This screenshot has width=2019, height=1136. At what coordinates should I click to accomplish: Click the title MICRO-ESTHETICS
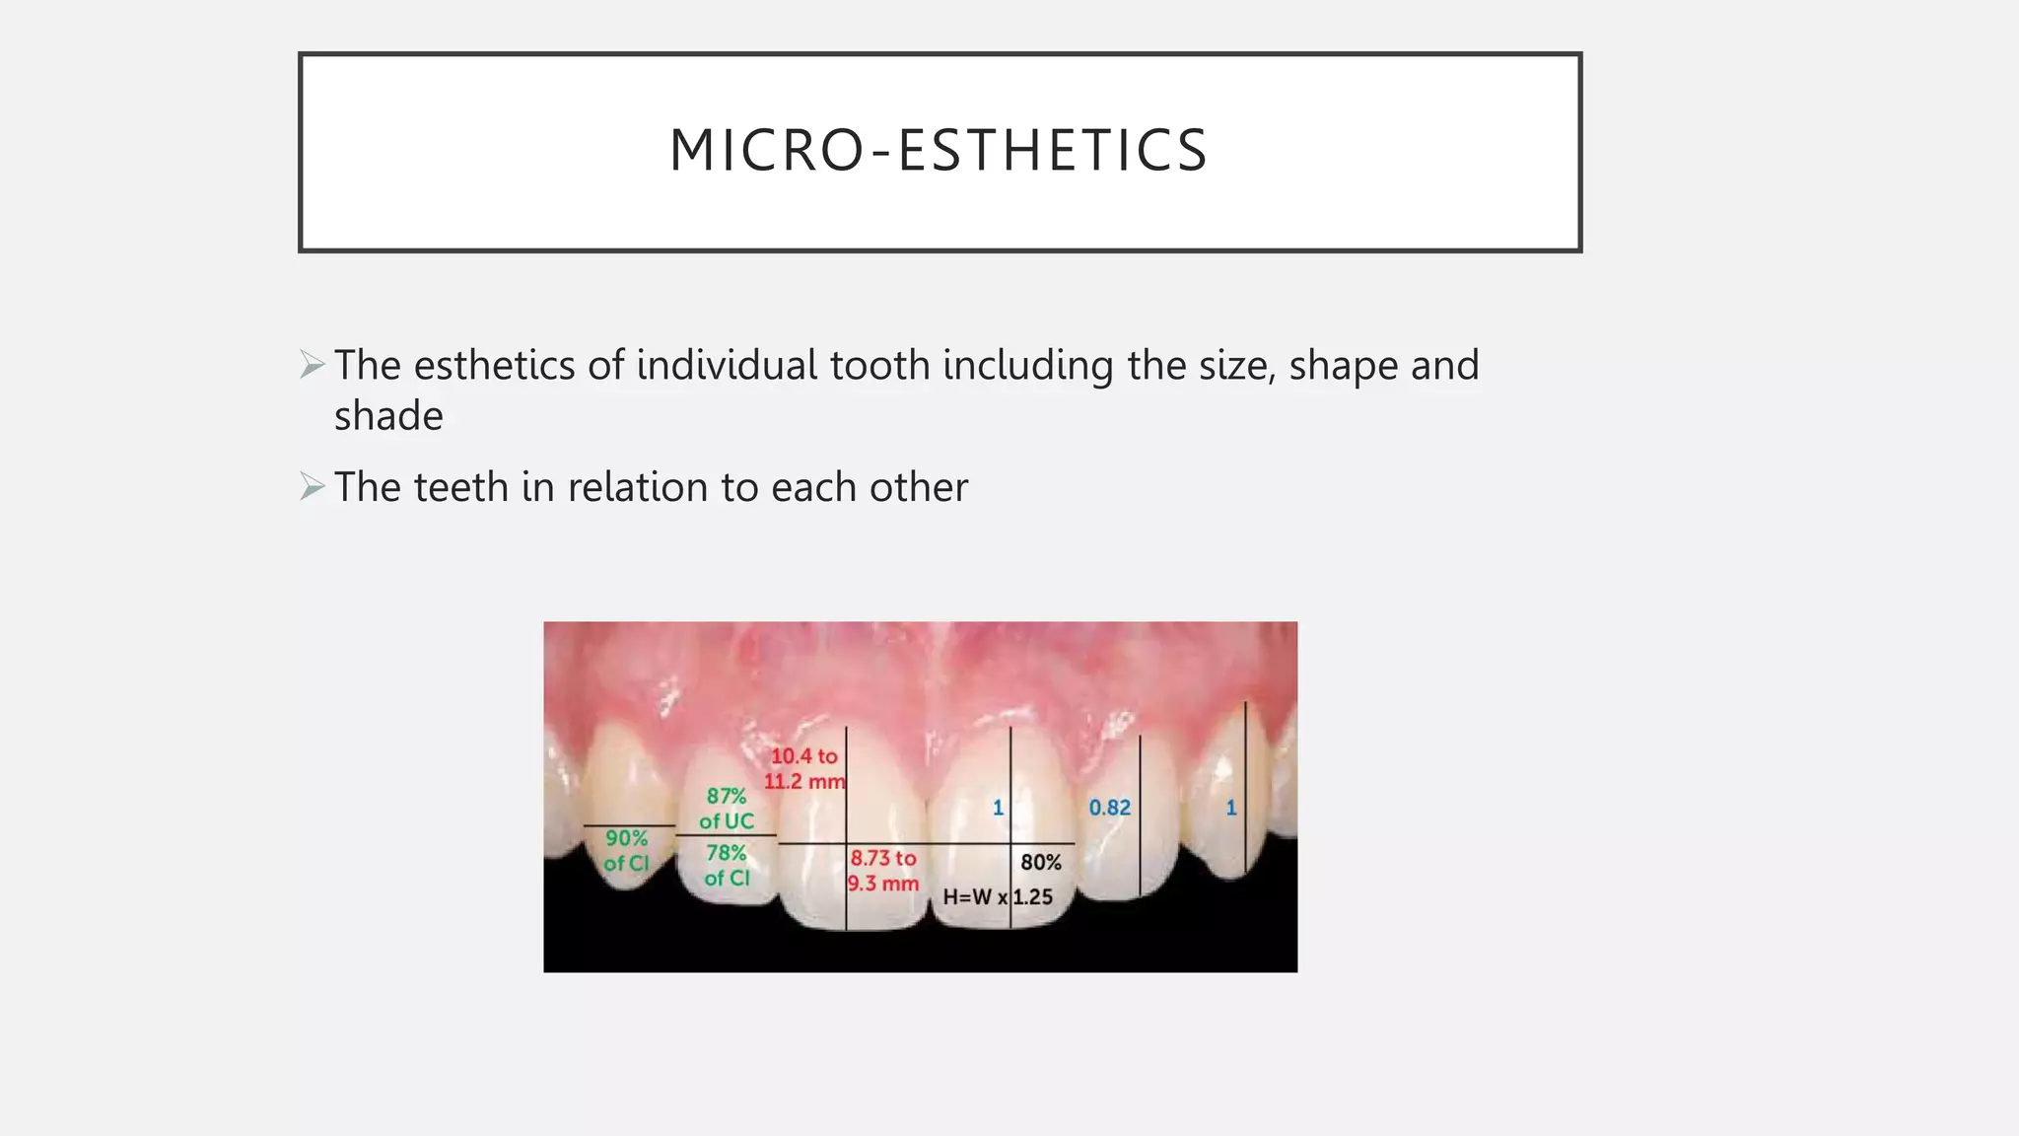coord(939,151)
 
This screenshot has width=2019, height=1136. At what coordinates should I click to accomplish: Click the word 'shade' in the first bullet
coord(388,416)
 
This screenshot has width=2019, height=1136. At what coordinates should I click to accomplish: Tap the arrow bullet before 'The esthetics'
coord(313,365)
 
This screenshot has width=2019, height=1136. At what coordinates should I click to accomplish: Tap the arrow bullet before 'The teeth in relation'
coord(313,486)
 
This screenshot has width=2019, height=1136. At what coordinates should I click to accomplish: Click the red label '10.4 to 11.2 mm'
coord(804,768)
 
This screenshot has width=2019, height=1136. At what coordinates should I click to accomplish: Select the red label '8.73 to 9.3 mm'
coord(883,871)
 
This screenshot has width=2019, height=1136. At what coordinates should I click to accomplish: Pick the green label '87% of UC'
coord(727,808)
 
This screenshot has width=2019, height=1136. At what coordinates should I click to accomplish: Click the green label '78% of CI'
coord(727,865)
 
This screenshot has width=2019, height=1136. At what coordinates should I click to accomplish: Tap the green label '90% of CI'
coord(626,850)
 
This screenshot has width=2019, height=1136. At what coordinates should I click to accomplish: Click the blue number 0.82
coord(1109,808)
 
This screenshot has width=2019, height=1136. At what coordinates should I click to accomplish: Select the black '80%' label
coord(1040,862)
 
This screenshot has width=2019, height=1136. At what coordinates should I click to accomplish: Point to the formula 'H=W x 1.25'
coord(998,897)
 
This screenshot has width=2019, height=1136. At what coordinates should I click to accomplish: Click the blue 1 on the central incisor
coord(998,808)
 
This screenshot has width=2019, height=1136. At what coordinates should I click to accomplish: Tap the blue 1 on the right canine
coord(1230,808)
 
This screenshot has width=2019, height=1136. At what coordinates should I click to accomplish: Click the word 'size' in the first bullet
coord(1237,365)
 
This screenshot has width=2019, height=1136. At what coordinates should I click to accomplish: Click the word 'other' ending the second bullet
coord(918,487)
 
